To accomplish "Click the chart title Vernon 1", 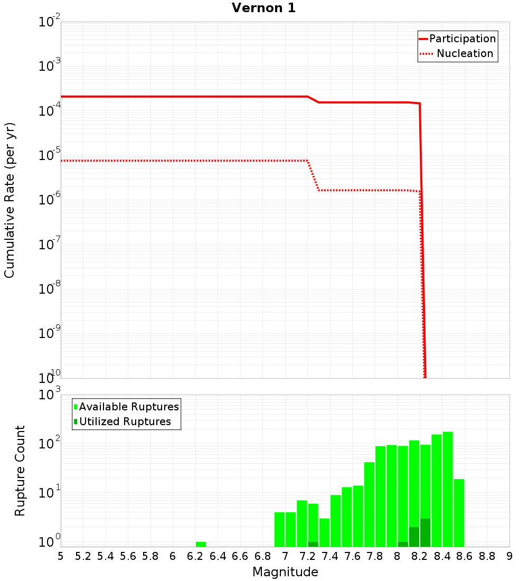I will (x=263, y=8).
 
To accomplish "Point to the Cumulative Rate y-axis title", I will (x=10, y=200).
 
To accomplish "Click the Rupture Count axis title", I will (x=20, y=471).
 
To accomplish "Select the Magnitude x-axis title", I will (x=285, y=572).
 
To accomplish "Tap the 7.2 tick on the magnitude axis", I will (x=307, y=556).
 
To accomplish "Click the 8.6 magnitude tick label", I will (x=465, y=556).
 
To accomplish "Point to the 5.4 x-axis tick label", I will (x=106, y=556).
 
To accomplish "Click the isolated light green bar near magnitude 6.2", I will (x=201, y=544).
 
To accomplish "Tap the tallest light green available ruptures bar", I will (x=448, y=489).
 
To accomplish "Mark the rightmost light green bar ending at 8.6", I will (x=459, y=512).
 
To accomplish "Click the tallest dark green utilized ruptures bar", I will (x=425, y=532).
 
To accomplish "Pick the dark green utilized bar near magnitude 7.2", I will (x=313, y=544).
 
